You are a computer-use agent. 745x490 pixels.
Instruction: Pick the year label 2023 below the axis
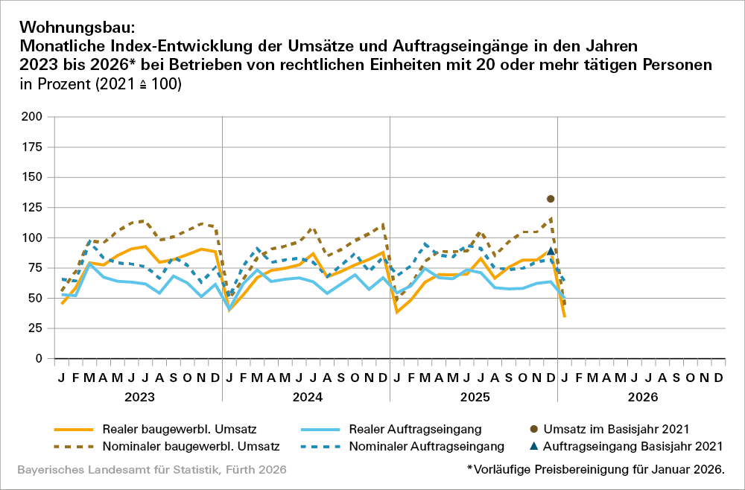click(x=139, y=397)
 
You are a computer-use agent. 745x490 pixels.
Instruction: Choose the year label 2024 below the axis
click(x=306, y=397)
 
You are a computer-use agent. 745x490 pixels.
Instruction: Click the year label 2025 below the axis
click(x=474, y=397)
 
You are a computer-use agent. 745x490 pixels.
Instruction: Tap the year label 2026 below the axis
click(x=641, y=397)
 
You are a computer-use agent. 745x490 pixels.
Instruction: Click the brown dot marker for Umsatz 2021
click(x=551, y=199)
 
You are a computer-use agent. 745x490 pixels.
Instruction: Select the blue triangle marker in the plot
click(x=551, y=252)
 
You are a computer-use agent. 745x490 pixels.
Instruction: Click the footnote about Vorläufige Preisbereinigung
click(x=595, y=470)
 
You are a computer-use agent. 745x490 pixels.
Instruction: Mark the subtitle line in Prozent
click(x=101, y=84)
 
